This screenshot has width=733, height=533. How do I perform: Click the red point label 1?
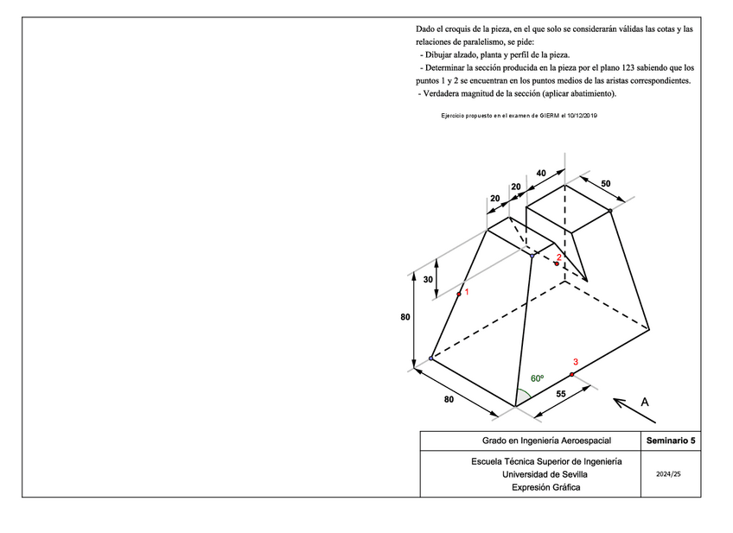pyautogui.click(x=467, y=292)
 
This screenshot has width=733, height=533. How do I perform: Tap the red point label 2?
pyautogui.click(x=559, y=257)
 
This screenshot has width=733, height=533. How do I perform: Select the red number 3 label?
pyautogui.click(x=575, y=362)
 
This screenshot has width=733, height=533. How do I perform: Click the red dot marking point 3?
pyautogui.click(x=571, y=374)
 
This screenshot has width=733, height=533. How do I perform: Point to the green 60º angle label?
pyautogui.click(x=537, y=378)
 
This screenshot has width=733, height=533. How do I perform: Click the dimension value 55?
pyautogui.click(x=561, y=394)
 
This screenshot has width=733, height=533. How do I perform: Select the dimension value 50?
pyautogui.click(x=605, y=184)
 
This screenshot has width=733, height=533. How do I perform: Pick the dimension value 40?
pyautogui.click(x=541, y=173)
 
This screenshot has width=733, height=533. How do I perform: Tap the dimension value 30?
pyautogui.click(x=428, y=279)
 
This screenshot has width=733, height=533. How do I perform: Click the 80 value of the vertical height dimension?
pyautogui.click(x=405, y=317)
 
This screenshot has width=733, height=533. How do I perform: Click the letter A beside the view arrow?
pyautogui.click(x=645, y=402)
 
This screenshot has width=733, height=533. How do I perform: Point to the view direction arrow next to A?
pyautogui.click(x=622, y=403)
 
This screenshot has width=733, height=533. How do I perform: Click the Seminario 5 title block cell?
pyautogui.click(x=670, y=441)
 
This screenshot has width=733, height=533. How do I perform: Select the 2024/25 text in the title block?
pyautogui.click(x=669, y=474)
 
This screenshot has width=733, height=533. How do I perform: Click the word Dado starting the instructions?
pyautogui.click(x=426, y=29)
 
